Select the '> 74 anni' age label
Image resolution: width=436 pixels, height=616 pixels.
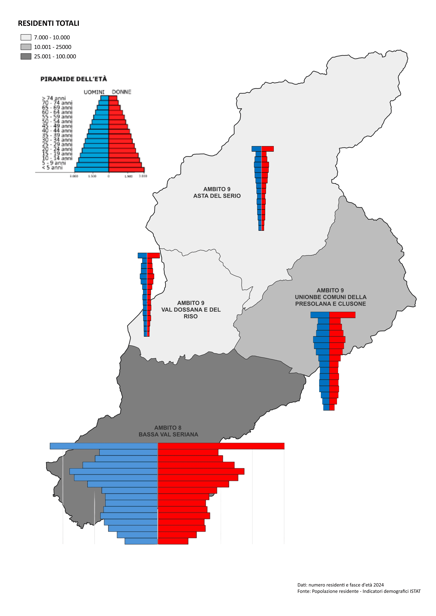(54, 98)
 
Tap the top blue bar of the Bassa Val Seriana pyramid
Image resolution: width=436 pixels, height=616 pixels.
(104, 446)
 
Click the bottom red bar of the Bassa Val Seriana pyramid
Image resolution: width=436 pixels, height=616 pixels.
(173, 541)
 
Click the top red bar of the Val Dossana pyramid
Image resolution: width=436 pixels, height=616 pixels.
(153, 255)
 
